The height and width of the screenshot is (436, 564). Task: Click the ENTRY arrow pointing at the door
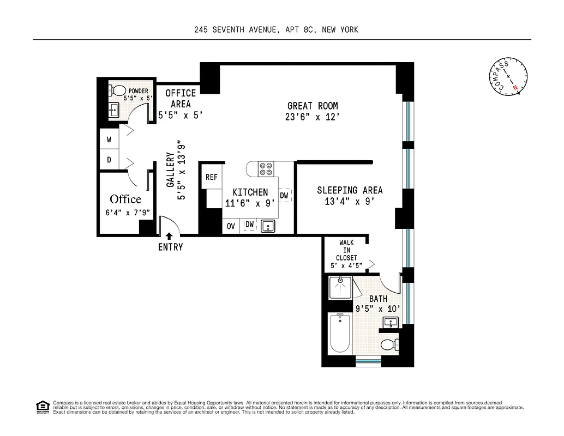169,237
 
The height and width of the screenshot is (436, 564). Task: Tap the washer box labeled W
109,140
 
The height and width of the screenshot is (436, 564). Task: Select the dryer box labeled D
109,160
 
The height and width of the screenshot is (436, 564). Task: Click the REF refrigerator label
212,177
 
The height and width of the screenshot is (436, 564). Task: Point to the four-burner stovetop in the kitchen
266,169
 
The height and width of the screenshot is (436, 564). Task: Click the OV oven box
231,226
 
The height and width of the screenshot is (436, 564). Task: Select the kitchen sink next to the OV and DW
267,226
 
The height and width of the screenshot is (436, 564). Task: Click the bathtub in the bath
340,333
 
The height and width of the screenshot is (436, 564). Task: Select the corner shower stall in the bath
341,287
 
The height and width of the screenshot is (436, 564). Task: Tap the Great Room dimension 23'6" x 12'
313,117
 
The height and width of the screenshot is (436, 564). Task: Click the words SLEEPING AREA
350,190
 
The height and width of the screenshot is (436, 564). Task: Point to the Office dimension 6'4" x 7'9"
128,213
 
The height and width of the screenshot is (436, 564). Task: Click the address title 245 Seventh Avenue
276,30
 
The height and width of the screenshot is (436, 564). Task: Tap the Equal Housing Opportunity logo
43,407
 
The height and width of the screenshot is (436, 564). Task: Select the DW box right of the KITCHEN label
284,196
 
